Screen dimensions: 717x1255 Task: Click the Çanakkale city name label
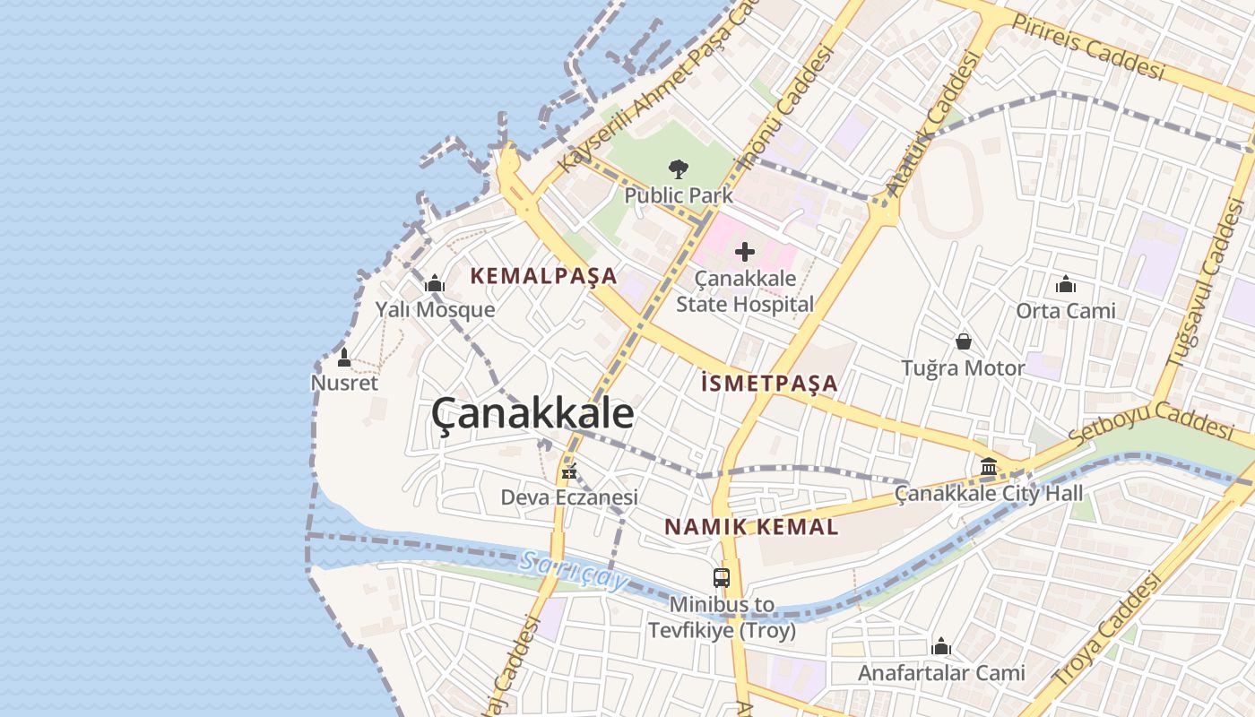532,414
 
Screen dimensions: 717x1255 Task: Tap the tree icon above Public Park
679,168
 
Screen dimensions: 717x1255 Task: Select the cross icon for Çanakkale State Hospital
745,252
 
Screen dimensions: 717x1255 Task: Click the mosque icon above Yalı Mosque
435,284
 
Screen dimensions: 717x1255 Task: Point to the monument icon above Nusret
344,358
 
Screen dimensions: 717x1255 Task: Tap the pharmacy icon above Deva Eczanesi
568,471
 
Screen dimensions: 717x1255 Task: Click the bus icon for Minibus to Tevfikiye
722,578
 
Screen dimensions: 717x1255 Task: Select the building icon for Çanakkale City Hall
989,466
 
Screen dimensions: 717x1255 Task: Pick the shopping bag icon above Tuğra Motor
964,341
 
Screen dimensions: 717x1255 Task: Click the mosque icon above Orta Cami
1066,285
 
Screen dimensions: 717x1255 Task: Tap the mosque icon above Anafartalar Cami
941,646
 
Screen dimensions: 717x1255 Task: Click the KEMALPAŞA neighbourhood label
544,276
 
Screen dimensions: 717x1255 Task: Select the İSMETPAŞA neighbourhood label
769,384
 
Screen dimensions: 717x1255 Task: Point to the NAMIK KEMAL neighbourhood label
751,527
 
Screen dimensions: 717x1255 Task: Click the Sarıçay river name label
574,571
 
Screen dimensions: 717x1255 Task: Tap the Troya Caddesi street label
1108,631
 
